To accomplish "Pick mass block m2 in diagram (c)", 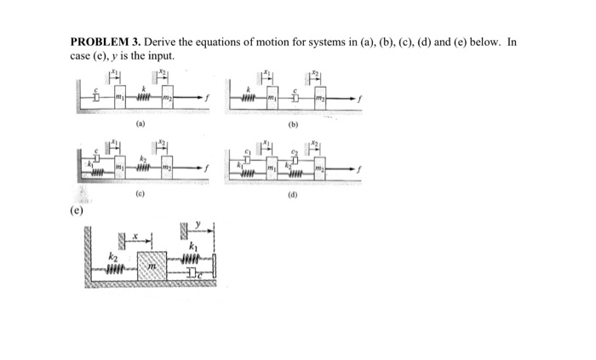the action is click(x=167, y=168).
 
